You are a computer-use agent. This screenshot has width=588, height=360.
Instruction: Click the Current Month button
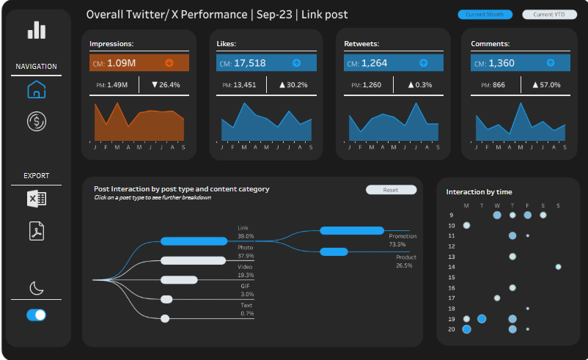(x=480, y=15)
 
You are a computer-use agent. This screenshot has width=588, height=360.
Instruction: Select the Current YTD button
(x=543, y=15)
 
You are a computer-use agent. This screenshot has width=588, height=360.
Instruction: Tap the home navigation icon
(x=36, y=90)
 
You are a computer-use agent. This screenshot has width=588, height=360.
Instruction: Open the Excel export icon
(x=36, y=199)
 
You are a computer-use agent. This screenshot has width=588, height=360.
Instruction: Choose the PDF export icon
(x=36, y=231)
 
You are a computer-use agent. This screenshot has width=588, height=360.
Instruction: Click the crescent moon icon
(x=36, y=287)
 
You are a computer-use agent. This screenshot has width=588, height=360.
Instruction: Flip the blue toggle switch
(x=36, y=315)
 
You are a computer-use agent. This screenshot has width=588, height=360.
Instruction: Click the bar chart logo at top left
(x=36, y=29)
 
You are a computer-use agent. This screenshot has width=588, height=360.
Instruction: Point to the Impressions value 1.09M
(x=122, y=63)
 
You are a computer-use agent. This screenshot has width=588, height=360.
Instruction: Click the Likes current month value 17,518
(x=250, y=63)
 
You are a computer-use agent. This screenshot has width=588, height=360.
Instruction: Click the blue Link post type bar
(x=194, y=241)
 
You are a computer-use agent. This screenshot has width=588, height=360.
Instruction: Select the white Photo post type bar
(x=194, y=260)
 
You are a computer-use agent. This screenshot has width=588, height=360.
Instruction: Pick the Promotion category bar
(x=352, y=230)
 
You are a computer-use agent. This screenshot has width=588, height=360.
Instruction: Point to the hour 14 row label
(x=452, y=267)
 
